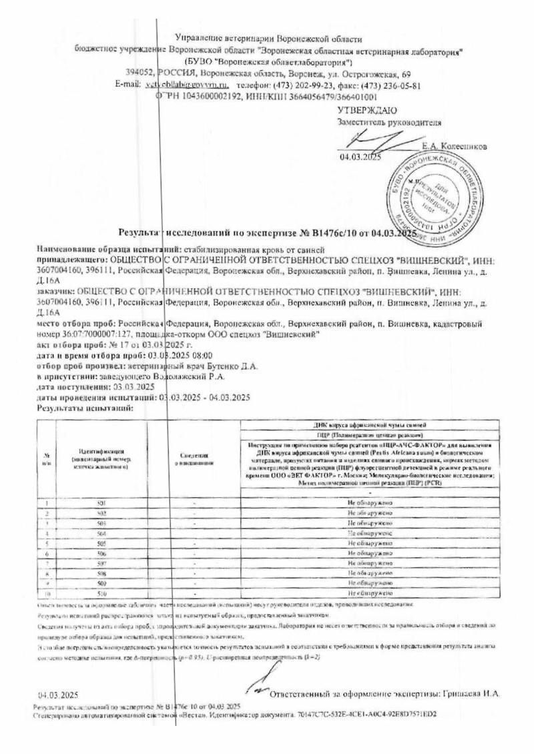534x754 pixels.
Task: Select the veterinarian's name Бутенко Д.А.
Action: pos(239,366)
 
